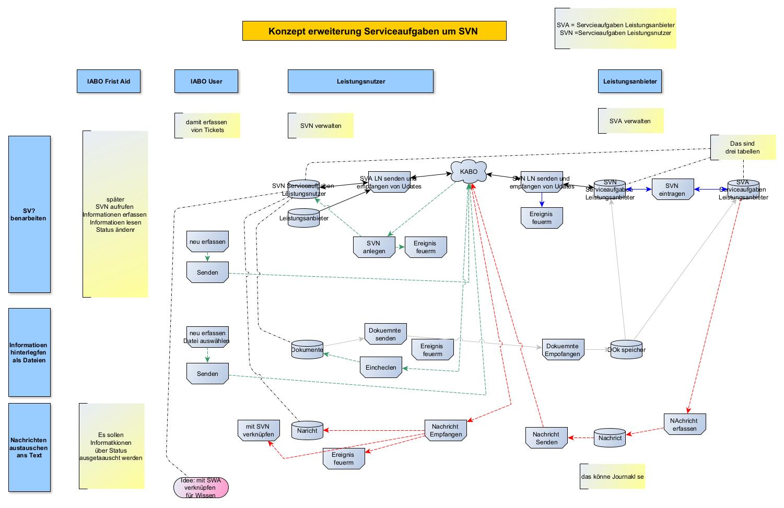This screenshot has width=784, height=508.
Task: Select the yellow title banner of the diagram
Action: (374, 31)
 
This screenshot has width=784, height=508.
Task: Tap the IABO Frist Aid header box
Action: (109, 81)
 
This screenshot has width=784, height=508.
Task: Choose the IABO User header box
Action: (206, 81)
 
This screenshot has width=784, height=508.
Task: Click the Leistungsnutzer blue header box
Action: (360, 81)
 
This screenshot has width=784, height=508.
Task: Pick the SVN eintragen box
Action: (672, 190)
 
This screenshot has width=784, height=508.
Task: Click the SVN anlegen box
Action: (374, 247)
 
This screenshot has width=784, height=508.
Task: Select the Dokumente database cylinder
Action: (307, 349)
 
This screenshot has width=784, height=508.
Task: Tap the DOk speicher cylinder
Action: (626, 350)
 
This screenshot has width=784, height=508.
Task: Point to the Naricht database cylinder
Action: (307, 430)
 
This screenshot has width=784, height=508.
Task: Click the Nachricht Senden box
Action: (546, 438)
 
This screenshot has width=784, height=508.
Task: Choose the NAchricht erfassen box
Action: (684, 424)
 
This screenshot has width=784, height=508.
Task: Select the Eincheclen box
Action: (381, 368)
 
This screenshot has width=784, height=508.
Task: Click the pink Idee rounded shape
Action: (201, 488)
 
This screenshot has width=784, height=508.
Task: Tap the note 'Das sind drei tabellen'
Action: (742, 148)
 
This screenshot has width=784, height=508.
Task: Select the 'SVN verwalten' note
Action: (321, 126)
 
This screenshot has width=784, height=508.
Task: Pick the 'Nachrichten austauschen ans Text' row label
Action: (29, 447)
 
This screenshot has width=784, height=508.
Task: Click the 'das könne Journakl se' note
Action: (612, 477)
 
